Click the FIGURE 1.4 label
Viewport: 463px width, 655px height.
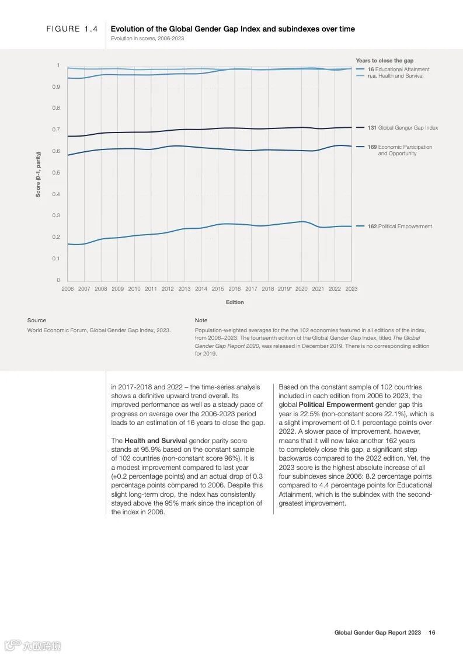coord(72,29)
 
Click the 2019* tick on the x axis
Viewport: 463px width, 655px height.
coord(284,288)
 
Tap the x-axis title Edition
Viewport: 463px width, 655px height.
coord(235,302)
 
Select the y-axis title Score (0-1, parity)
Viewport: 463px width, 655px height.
coord(39,174)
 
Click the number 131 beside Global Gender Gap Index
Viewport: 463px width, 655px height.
coord(372,128)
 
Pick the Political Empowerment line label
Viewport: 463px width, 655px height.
coord(405,227)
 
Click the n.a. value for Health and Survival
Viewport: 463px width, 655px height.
coord(372,76)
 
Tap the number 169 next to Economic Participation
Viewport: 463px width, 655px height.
coord(372,147)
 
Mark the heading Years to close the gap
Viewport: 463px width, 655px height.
coord(384,61)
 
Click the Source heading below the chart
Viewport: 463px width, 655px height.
coord(36,320)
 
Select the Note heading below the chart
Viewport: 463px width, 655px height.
coord(201,320)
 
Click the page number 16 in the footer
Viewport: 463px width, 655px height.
coord(432,632)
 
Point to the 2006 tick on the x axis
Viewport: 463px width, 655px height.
coord(68,288)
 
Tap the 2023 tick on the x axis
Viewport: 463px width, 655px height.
coord(351,288)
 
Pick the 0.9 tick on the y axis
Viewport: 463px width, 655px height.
coord(56,87)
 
